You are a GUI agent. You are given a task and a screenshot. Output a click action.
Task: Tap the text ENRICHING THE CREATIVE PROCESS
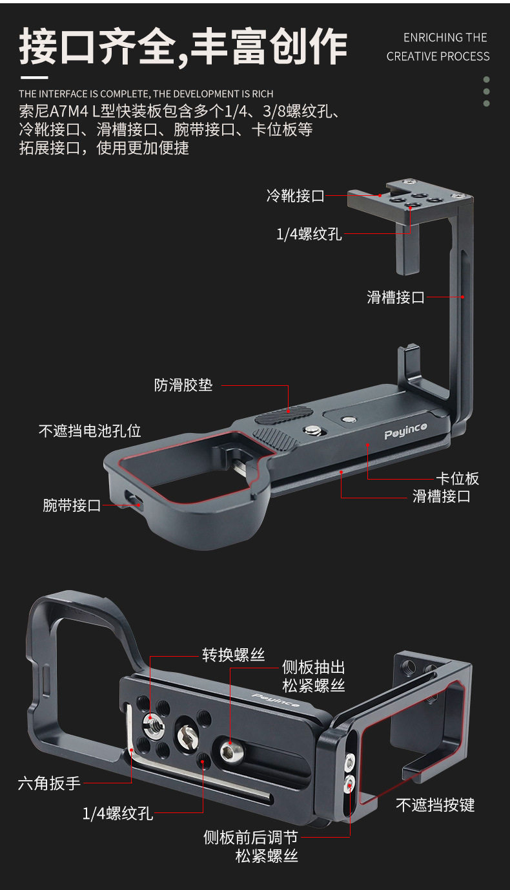(438, 47)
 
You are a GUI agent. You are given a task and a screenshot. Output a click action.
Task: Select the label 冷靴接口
(295, 196)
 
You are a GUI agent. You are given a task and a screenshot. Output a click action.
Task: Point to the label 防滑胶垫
(183, 385)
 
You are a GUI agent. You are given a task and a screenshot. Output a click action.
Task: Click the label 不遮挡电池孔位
(90, 430)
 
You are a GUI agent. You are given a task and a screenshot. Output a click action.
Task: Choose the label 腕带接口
(72, 505)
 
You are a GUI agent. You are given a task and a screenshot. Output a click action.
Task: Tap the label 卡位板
(457, 478)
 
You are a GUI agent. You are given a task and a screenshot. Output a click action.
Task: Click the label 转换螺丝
(234, 655)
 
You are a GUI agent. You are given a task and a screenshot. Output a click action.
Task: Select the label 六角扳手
(49, 783)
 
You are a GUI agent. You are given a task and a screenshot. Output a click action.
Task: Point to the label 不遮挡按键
(435, 805)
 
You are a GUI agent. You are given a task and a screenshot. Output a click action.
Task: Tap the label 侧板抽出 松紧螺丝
(314, 676)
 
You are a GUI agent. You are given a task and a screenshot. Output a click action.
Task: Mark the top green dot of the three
(487, 79)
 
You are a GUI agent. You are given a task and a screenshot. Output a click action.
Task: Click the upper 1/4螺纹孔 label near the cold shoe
(309, 234)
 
